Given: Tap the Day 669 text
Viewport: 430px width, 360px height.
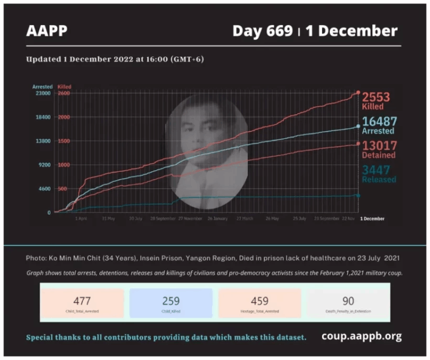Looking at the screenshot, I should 263,31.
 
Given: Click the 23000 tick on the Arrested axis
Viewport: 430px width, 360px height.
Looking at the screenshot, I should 43,93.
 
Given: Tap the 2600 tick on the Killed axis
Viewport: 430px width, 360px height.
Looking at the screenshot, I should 64,93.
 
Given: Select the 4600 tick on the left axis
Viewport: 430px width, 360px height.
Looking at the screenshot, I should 45,189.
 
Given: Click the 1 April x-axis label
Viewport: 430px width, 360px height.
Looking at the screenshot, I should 81,218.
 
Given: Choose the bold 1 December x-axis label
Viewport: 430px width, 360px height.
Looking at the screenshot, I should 372,218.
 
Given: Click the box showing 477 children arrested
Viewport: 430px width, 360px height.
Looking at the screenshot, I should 82,303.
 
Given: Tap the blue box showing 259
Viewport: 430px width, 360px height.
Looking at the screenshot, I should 171,303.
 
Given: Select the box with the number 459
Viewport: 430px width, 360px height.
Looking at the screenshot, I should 260,303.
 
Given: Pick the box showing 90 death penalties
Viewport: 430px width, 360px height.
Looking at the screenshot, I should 347,303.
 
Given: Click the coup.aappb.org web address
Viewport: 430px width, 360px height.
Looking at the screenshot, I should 362,336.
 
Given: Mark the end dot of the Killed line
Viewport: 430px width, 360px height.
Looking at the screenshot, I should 358,92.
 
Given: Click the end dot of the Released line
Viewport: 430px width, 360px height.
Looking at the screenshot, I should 358,195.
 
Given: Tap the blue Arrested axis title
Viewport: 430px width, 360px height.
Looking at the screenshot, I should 43,87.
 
